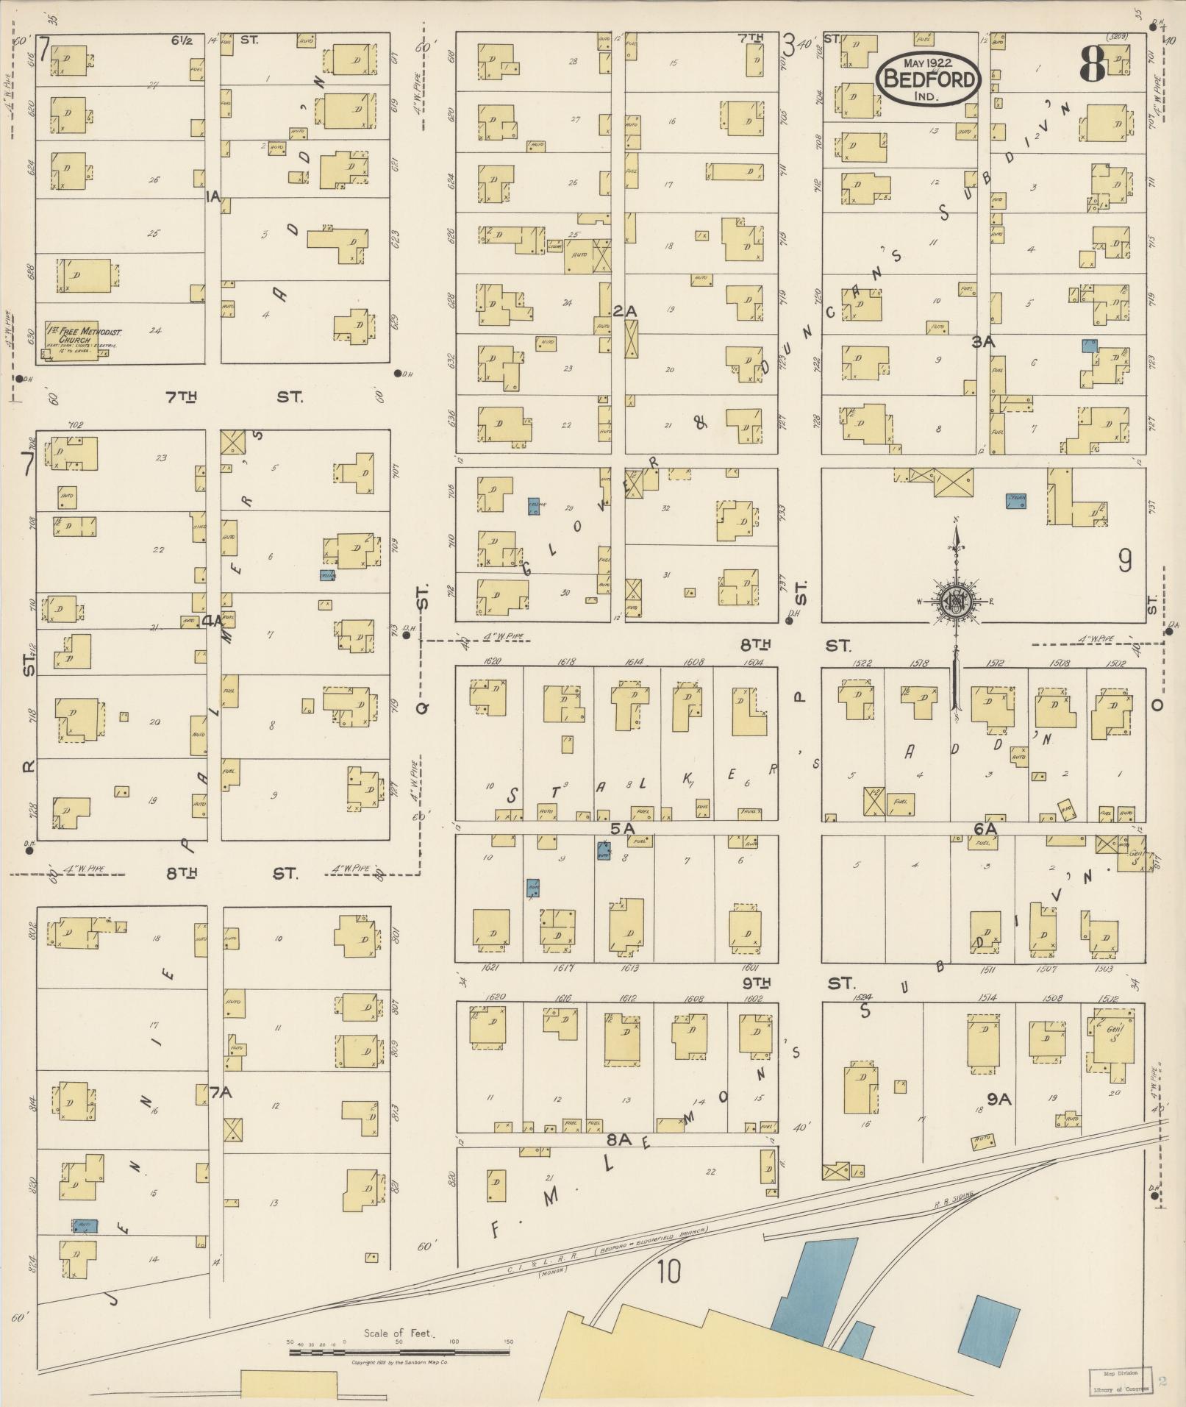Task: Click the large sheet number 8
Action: [1093, 68]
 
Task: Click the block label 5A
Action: [622, 828]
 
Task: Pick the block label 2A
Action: [624, 312]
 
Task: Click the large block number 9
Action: [1124, 562]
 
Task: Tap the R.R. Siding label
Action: [954, 1199]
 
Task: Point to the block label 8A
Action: [620, 1139]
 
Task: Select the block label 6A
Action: [985, 828]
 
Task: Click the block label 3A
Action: [983, 342]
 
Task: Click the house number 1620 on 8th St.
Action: [492, 661]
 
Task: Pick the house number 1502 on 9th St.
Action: [1110, 999]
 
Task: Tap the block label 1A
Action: [214, 196]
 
